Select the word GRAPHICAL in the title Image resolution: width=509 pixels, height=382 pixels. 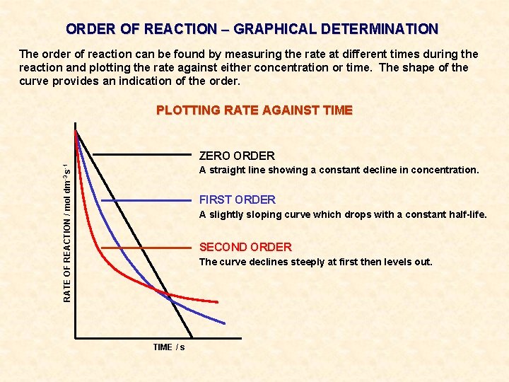click(x=274, y=30)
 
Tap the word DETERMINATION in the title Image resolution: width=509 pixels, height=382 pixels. click(x=379, y=30)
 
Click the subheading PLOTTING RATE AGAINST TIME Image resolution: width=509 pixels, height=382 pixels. click(x=254, y=110)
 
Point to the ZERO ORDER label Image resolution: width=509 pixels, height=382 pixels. click(x=237, y=156)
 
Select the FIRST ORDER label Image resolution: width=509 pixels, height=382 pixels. click(x=238, y=199)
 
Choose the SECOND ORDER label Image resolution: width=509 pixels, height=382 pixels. click(x=245, y=247)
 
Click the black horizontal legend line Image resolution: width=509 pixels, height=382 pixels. click(x=142, y=154)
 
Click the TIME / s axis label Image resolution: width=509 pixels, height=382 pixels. click(x=169, y=347)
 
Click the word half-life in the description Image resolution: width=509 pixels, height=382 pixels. click(x=466, y=214)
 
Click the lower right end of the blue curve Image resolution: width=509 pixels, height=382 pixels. click(x=224, y=324)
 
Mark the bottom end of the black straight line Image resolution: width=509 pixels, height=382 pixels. click(x=192, y=336)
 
